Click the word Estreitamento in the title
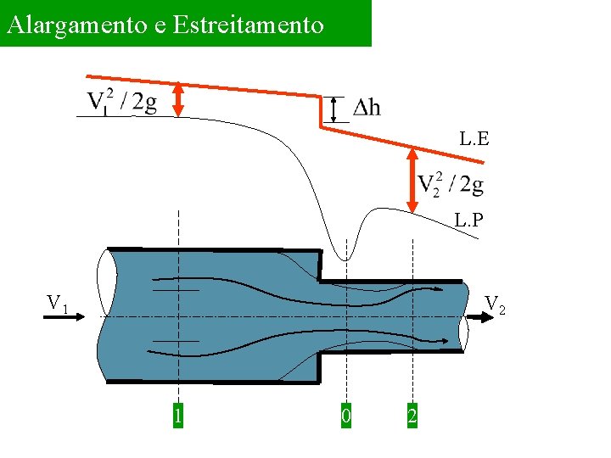point(248,24)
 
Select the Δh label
point(367,108)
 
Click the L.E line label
point(474,138)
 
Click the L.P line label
point(469,221)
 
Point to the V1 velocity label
point(58,303)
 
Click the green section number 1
point(178,416)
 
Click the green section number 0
point(345,416)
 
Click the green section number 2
point(412,416)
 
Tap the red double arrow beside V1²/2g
point(178,98)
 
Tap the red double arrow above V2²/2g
point(412,180)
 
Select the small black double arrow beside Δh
point(334,109)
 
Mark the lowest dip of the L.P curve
point(346,260)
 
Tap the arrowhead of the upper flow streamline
point(437,290)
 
